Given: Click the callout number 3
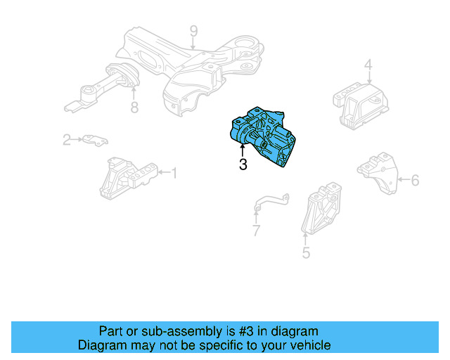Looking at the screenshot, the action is click(243, 165).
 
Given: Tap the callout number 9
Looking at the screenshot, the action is click(194, 31).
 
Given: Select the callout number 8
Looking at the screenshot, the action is click(134, 108).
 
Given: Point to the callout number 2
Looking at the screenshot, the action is click(67, 140).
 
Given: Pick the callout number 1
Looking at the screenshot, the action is click(174, 173).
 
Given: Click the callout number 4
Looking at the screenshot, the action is click(368, 65).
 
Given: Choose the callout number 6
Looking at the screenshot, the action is click(415, 180).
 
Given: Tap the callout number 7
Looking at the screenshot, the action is click(256, 230).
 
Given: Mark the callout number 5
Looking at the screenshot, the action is click(306, 252).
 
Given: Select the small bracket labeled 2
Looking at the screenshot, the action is click(96, 141).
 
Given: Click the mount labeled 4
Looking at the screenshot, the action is click(361, 105).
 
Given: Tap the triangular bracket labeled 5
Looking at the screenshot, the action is click(322, 209).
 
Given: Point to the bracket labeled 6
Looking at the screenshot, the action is click(378, 173).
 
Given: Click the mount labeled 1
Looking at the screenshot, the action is click(128, 178).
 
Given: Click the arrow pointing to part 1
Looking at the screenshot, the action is click(165, 172).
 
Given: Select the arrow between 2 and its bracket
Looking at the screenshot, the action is click(77, 139).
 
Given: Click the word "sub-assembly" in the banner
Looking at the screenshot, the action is click(181, 332).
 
